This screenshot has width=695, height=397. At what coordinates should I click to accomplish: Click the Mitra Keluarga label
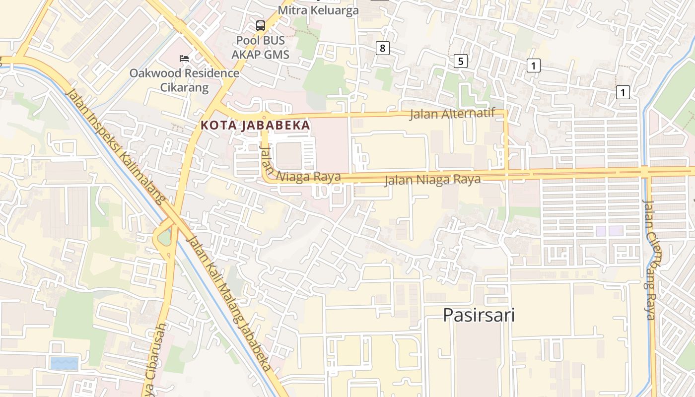pos(318,10)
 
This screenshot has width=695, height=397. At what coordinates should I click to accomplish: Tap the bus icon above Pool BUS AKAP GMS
pos(260,25)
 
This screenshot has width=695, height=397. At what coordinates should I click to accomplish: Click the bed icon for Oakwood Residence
pos(184,59)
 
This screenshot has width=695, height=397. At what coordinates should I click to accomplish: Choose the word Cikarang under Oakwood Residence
pos(184,88)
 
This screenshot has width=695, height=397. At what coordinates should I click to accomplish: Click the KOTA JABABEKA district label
pos(256,126)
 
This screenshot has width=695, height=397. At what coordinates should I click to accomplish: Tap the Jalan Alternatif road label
pos(452,114)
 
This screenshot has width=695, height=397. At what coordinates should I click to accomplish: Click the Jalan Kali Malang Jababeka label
pos(229,303)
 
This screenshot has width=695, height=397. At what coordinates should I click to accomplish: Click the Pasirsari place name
pos(479,315)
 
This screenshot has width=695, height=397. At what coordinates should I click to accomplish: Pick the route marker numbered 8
pos(382,48)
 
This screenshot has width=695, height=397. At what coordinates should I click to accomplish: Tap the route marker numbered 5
pos(461,61)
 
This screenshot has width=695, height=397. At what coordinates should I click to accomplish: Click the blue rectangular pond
pos(65,363)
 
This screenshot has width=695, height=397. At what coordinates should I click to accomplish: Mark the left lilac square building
pos(601,231)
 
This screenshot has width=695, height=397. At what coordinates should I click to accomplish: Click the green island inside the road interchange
pos(164,238)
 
